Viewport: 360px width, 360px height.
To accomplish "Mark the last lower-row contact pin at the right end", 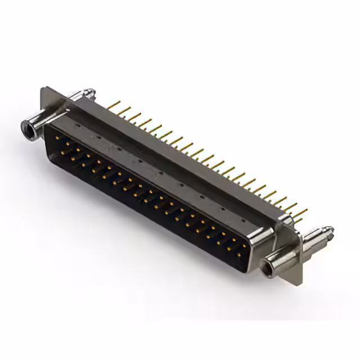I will pyautogui.click(x=239, y=254).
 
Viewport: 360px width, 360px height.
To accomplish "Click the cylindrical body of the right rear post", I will pyautogui.click(x=315, y=239).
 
